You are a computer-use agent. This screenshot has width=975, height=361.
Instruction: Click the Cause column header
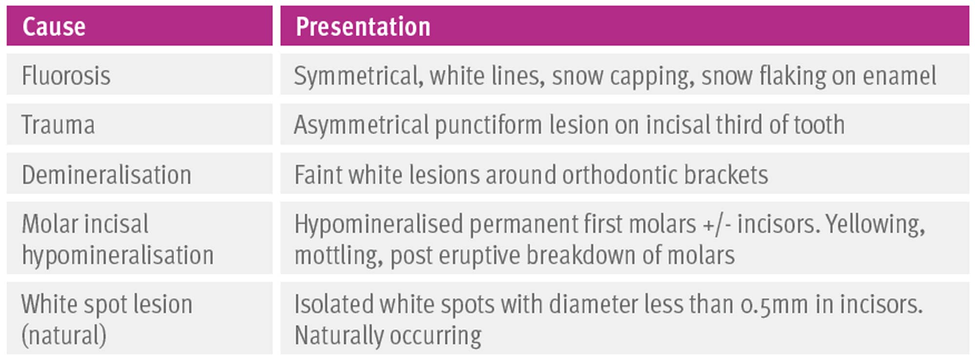[54, 26]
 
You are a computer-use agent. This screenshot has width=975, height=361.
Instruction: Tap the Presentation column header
[363, 26]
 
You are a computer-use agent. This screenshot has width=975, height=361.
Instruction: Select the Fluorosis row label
[66, 76]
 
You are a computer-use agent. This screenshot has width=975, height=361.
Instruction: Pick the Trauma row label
[58, 125]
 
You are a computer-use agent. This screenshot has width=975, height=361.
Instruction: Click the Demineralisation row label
[106, 175]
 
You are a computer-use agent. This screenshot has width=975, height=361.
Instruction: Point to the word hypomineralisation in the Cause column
[117, 256]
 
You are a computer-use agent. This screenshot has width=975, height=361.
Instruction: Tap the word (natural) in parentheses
[64, 336]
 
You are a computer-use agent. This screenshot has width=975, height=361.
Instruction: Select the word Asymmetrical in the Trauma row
[361, 125]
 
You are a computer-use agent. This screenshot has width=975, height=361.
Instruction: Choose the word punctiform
[488, 125]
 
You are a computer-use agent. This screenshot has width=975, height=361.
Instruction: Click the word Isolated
[334, 304]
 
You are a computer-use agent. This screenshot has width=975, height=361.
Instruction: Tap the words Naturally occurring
[388, 336]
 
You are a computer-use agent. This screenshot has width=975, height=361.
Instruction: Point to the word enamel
[899, 76]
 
